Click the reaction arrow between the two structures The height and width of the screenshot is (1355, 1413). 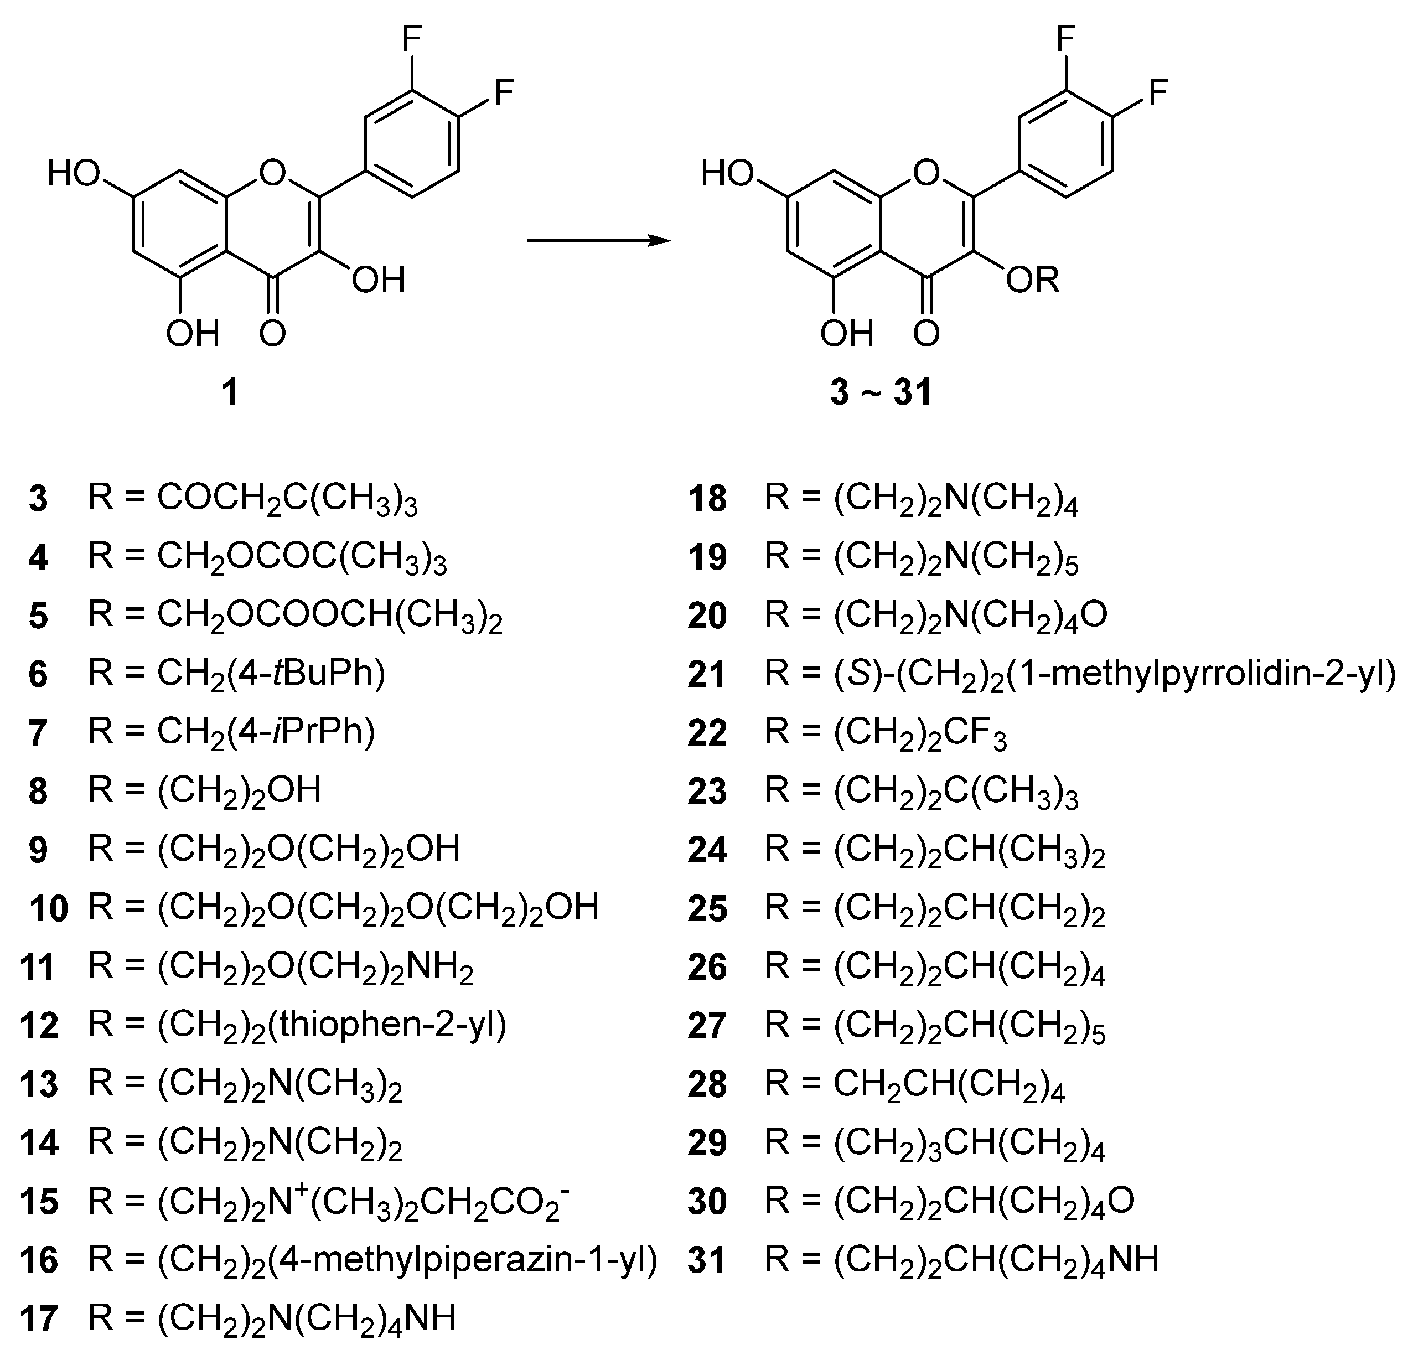(598, 241)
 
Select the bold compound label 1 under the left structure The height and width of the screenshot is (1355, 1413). (229, 393)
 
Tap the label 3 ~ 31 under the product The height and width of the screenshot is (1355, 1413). (882, 393)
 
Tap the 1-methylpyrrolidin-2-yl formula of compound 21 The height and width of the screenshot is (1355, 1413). (1080, 674)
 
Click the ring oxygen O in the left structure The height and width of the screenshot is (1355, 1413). (272, 173)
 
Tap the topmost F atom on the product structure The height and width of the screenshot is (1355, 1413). (1065, 40)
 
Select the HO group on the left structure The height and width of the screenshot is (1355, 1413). (74, 174)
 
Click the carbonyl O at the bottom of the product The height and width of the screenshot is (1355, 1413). (927, 334)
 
